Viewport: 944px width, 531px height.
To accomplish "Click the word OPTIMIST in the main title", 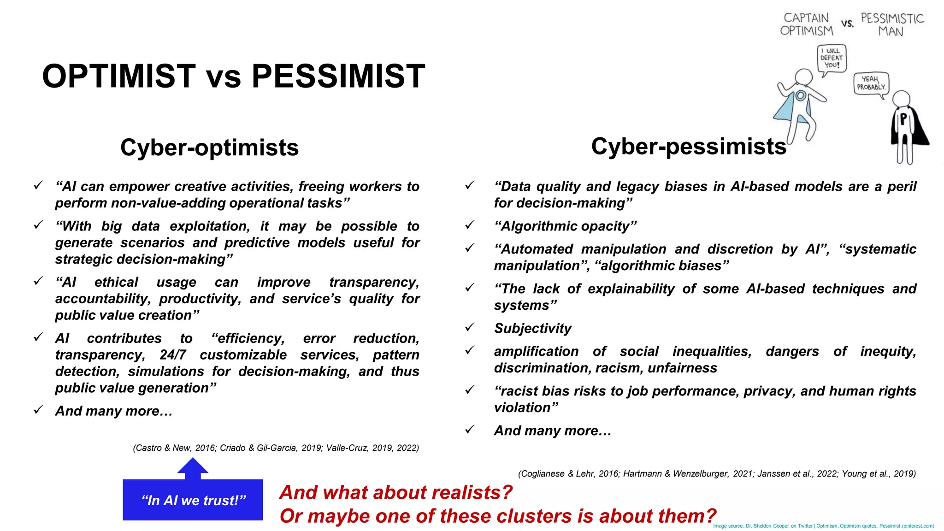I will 119,77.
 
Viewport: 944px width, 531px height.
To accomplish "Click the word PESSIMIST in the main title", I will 338,77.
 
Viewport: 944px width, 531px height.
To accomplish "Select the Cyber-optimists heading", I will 209,148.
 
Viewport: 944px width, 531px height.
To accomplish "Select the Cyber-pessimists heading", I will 688,147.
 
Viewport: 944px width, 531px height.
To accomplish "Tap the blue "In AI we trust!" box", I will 193,500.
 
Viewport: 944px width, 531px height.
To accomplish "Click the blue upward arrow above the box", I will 193,468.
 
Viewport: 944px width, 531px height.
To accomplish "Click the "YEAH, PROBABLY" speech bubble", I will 870,83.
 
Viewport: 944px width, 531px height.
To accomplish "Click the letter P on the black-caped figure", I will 903,119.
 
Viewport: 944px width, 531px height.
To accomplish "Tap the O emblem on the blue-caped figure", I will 801,96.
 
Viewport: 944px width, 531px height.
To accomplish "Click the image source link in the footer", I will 823,526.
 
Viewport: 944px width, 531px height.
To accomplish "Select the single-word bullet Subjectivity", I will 532,329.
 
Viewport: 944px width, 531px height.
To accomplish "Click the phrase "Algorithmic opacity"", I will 565,226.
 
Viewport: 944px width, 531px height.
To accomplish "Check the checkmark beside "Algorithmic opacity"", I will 470,225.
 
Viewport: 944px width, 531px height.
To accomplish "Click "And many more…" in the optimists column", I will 113,411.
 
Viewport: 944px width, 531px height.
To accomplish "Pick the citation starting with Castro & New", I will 276,448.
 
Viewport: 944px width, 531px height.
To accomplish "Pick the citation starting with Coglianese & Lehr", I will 716,474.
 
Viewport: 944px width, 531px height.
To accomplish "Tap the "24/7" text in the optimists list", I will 173,355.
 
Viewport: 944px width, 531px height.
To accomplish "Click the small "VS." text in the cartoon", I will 847,24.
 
